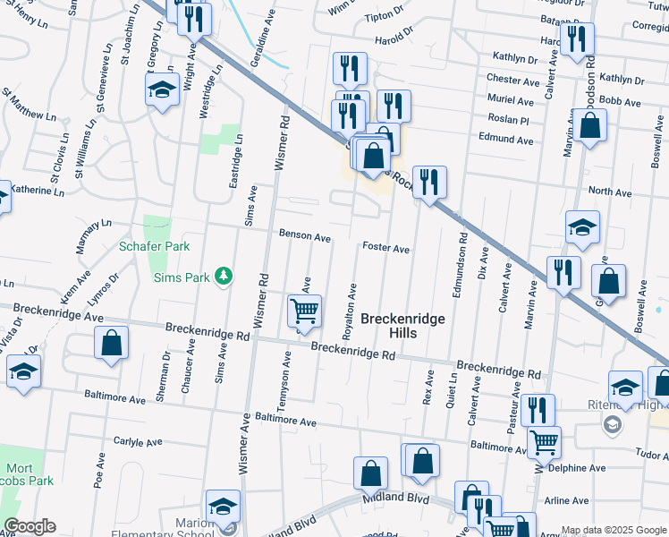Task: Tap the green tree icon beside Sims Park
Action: [x=223, y=277]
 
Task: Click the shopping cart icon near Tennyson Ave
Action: [x=304, y=311]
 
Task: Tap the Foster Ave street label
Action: [x=385, y=248]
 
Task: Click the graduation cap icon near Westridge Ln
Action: [x=162, y=89]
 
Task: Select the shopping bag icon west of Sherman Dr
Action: [x=111, y=343]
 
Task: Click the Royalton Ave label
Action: [x=351, y=311]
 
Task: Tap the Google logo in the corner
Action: [x=30, y=527]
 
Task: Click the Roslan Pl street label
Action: [x=509, y=120]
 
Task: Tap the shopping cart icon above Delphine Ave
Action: [x=544, y=441]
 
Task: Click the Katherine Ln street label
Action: [x=41, y=190]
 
